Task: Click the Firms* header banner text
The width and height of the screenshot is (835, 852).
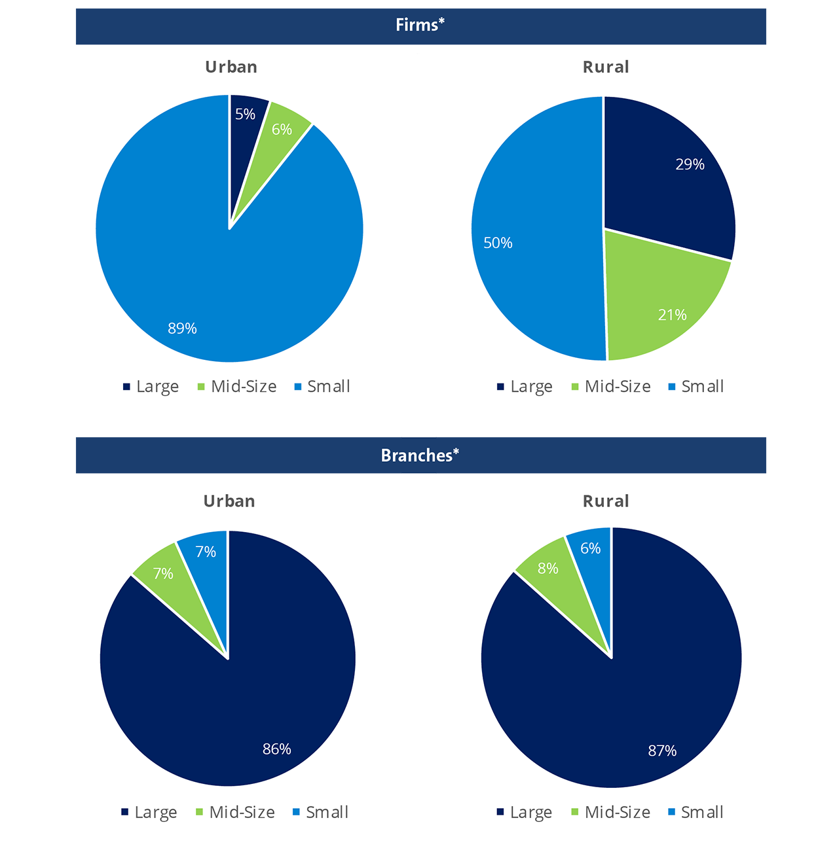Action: point(420,26)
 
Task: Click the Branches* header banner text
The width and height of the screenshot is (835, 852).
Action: point(420,455)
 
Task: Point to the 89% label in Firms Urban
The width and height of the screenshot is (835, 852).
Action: point(182,328)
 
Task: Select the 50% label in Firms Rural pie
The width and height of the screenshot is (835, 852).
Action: point(498,243)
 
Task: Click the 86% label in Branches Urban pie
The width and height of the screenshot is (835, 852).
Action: point(276,749)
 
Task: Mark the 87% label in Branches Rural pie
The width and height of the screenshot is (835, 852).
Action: point(662,751)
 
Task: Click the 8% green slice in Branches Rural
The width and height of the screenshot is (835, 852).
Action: point(548,569)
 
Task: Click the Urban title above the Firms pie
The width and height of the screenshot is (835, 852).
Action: point(231,67)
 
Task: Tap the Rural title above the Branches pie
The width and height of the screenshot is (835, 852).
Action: point(606,501)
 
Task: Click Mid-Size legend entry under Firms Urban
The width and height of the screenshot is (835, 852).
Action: point(243,387)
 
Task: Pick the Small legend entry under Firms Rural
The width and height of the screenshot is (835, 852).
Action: point(702,387)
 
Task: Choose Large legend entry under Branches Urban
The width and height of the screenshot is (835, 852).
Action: point(155,813)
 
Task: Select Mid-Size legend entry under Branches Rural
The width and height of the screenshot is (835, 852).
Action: point(617,813)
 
